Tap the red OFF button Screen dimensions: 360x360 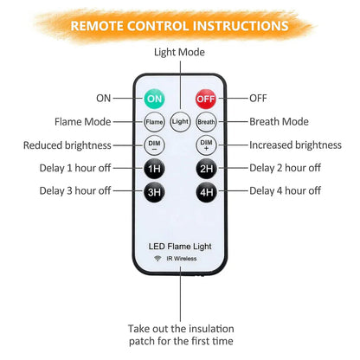click(206, 99)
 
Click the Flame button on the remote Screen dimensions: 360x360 click(154, 122)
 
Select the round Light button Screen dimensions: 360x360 click(180, 122)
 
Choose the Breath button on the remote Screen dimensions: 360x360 click(206, 122)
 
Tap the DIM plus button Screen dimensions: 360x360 click(206, 145)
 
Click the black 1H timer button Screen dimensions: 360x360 click(154, 169)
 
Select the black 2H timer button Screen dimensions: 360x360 click(206, 169)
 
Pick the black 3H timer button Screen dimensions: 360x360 click(154, 192)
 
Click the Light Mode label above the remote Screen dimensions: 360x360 click(179, 52)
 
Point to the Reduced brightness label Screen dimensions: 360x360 click(67, 145)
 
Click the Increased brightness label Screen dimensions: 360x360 click(295, 145)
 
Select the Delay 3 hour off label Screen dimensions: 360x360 click(75, 191)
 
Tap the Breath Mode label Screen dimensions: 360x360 click(279, 122)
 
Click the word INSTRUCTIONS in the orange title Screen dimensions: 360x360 click(241, 26)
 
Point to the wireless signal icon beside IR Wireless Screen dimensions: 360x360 click(157, 258)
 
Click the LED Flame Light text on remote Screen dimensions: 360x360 click(180, 247)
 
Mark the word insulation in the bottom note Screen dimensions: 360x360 click(211, 329)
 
